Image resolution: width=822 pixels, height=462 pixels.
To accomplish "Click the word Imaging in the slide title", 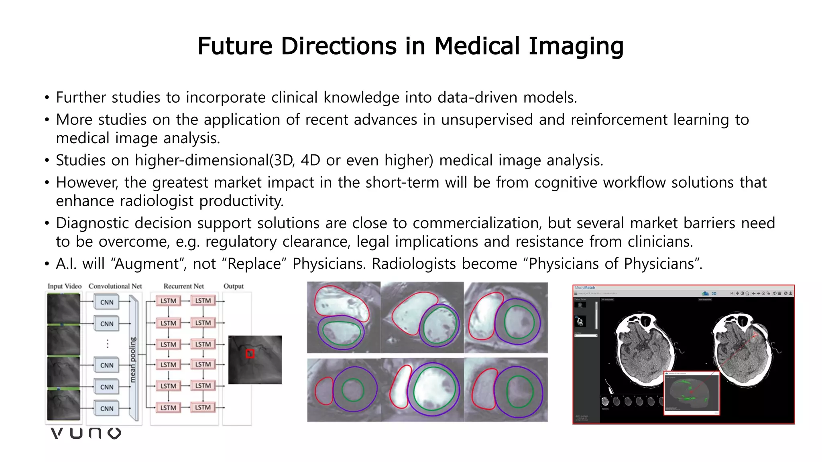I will click(x=576, y=46).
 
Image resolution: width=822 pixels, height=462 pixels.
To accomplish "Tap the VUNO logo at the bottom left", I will click(x=86, y=433).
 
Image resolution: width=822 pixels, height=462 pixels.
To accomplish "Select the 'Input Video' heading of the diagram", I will click(x=64, y=286).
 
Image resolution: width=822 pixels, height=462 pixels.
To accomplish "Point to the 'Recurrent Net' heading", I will click(x=183, y=286).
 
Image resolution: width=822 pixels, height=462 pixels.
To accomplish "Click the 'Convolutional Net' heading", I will click(x=115, y=286).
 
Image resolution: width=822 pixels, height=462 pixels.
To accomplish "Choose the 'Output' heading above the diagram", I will click(x=233, y=286).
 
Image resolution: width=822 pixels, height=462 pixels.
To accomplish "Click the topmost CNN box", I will click(x=107, y=302).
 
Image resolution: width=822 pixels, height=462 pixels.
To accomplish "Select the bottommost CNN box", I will click(x=107, y=408).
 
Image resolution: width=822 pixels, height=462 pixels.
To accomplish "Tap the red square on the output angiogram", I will click(x=250, y=353).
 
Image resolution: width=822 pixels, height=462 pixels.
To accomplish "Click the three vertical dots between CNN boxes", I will click(x=107, y=344).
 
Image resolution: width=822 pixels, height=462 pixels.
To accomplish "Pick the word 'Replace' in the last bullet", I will click(x=257, y=264).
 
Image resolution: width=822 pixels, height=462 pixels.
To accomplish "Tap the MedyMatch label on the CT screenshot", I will click(x=585, y=288).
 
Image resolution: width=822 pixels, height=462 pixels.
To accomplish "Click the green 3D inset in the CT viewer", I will click(x=691, y=393).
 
